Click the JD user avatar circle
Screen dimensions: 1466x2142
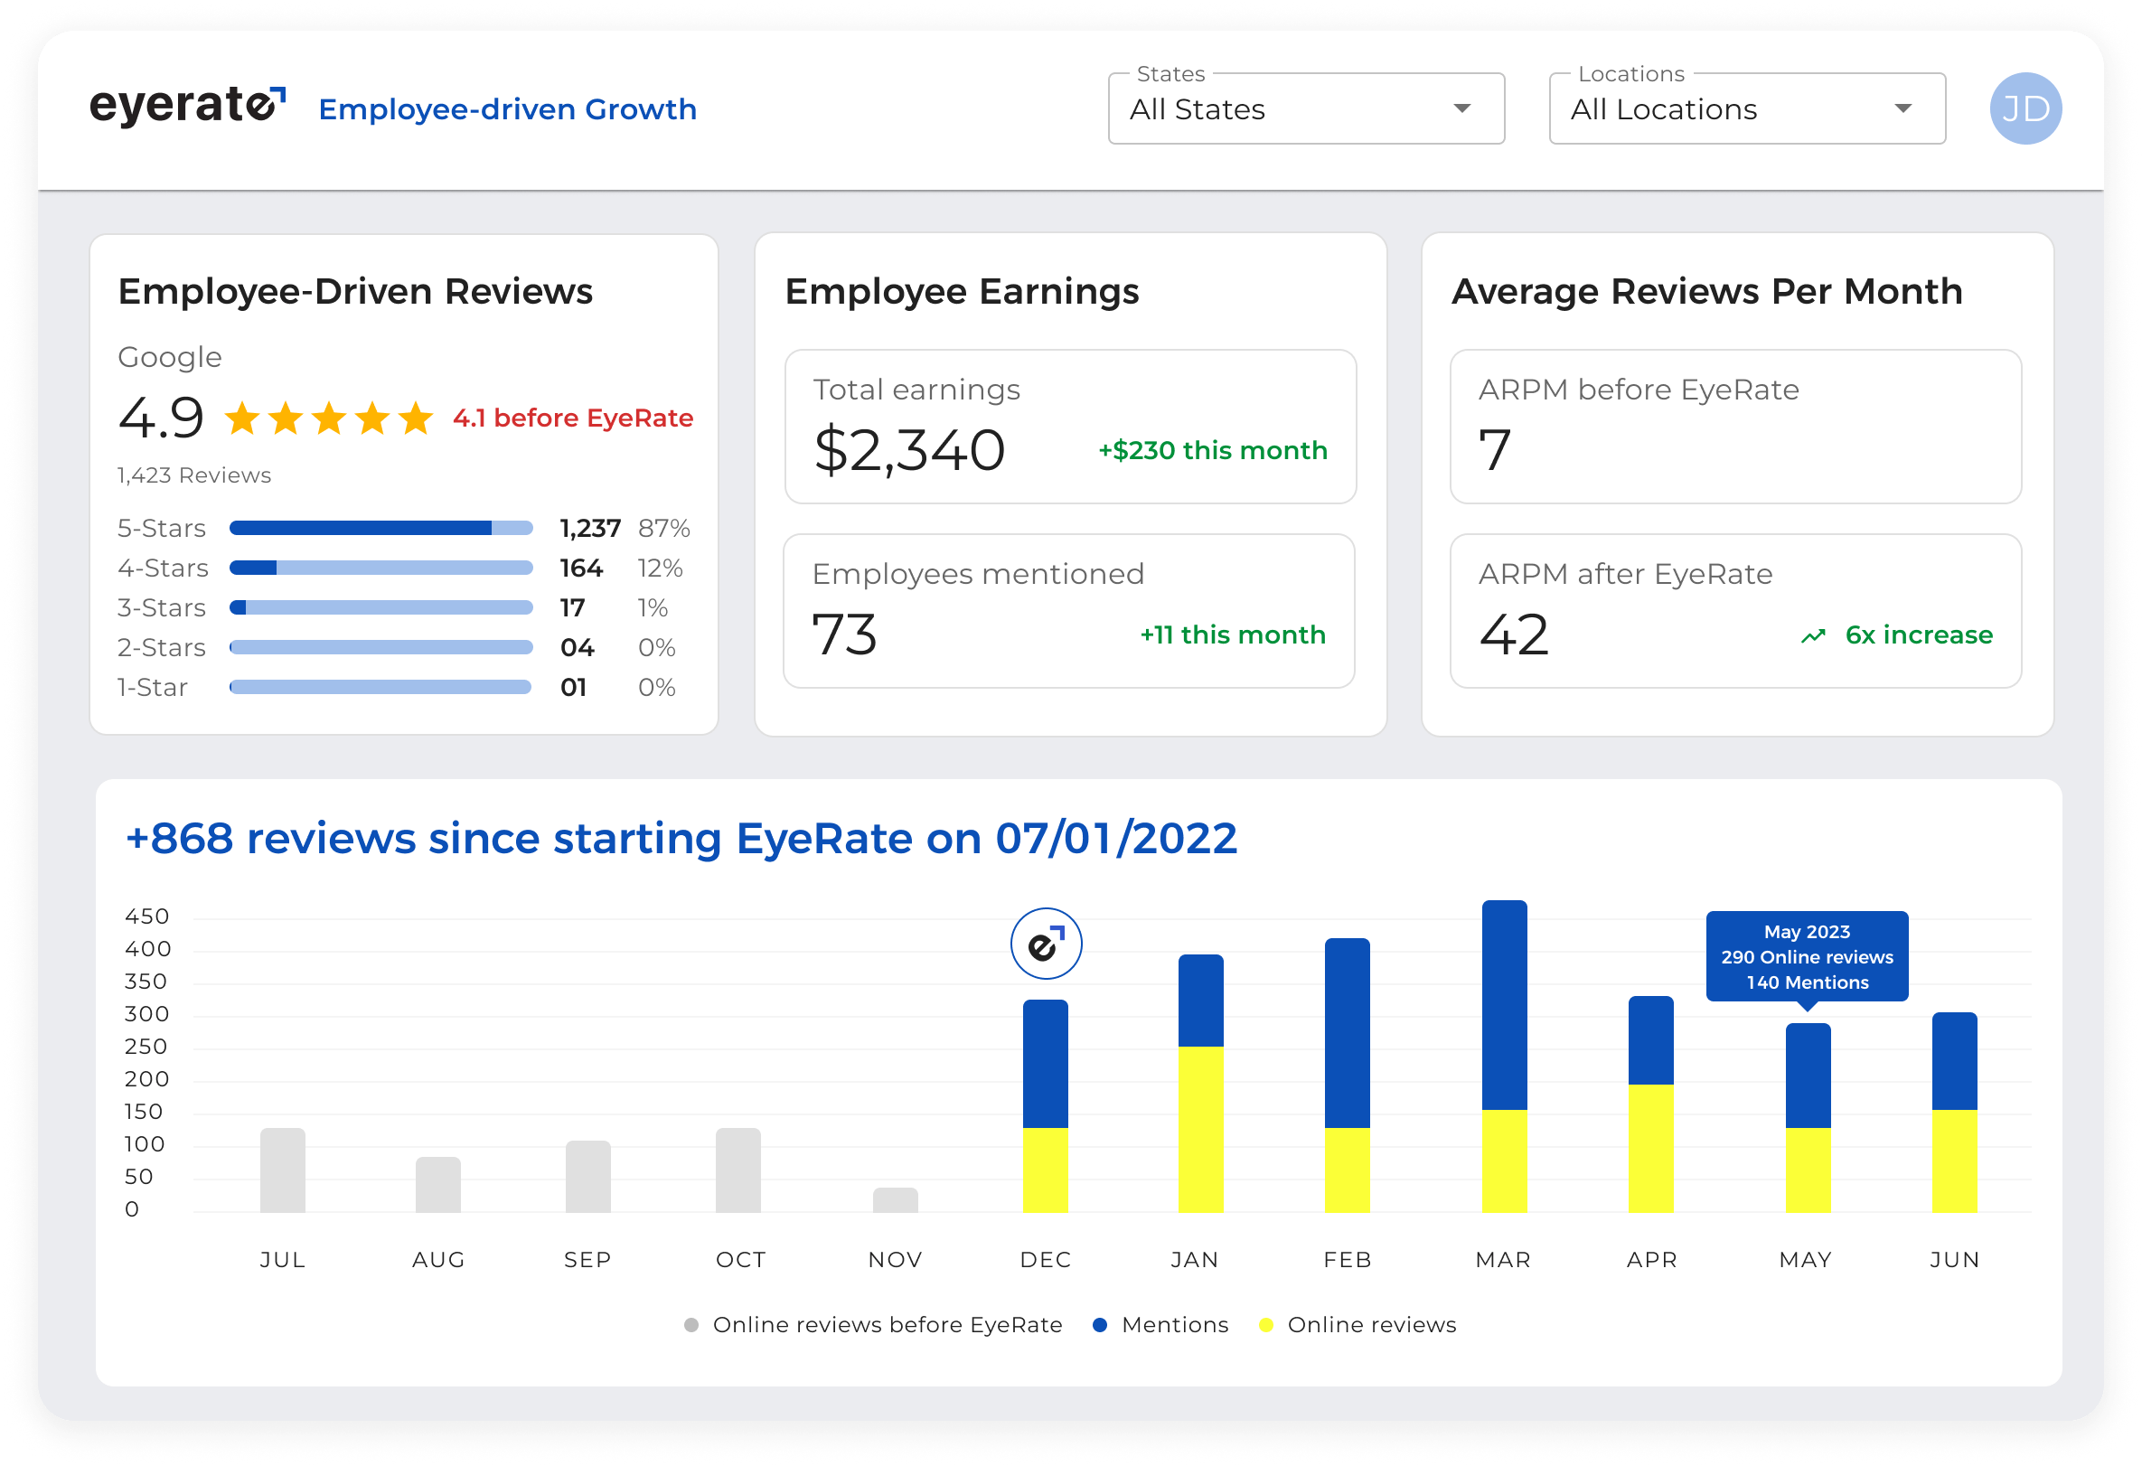tap(2025, 108)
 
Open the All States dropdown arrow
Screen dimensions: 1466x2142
tap(1461, 108)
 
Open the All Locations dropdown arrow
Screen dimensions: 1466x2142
tap(1902, 108)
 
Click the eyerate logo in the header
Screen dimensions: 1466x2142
tap(187, 106)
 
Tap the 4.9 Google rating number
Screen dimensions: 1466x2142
tap(161, 418)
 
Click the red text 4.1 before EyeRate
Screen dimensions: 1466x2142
tap(572, 418)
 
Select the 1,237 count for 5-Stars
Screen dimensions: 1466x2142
tap(590, 528)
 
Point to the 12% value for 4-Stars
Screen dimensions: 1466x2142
tap(660, 568)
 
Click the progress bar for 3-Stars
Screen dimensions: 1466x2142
tap(380, 607)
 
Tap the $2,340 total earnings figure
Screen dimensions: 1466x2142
tap(909, 450)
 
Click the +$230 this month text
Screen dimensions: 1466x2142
tap(1212, 451)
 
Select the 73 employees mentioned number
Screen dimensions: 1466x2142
tap(844, 634)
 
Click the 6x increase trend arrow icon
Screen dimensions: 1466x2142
tap(1813, 635)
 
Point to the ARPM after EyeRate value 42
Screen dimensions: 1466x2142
tap(1514, 634)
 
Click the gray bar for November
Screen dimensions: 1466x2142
tap(895, 1199)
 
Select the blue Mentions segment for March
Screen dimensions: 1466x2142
tap(1504, 1004)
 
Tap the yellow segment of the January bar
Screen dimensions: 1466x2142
tap(1201, 1129)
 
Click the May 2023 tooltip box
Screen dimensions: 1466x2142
tap(1807, 956)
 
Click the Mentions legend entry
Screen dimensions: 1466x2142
tap(1161, 1325)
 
